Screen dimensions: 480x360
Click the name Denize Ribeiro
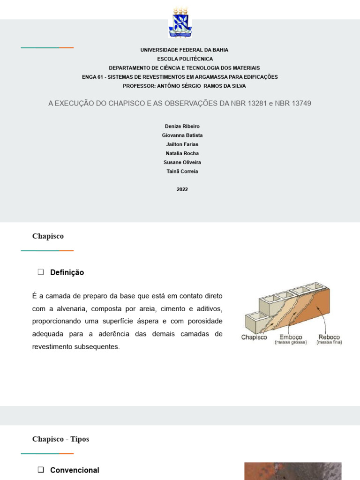[182, 127]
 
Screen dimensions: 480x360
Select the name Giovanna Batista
[182, 135]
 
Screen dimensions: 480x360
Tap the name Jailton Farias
[182, 144]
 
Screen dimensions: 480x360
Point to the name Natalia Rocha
[182, 153]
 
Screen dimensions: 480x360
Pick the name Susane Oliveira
[182, 162]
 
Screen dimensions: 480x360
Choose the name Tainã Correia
[182, 171]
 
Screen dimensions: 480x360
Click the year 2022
[182, 189]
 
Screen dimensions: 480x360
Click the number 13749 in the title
[301, 103]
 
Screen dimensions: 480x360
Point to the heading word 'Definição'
[67, 272]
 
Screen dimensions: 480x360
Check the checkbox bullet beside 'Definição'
[41, 272]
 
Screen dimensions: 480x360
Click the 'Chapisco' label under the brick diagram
[254, 337]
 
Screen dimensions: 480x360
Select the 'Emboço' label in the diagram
[291, 337]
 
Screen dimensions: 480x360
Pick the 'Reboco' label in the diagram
[329, 337]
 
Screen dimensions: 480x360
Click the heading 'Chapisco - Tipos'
[60, 439]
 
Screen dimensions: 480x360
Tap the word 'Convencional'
[75, 470]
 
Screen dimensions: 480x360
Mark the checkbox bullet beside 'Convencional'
[41, 470]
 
